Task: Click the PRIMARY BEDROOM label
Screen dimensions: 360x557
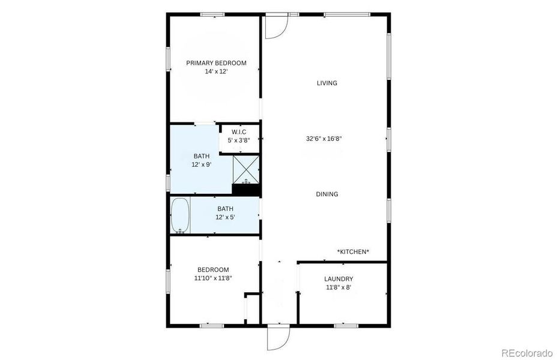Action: [x=216, y=63]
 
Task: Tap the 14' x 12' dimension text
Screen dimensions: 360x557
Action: [x=216, y=71]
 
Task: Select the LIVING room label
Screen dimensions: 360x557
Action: [x=327, y=83]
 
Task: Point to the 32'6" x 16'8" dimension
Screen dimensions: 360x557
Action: [x=324, y=139]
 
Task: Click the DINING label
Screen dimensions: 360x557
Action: [x=327, y=194]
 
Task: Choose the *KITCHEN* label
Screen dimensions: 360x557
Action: [x=353, y=251]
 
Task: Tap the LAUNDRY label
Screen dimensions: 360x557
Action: [x=339, y=278]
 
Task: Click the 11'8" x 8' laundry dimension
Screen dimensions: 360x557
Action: [x=339, y=287]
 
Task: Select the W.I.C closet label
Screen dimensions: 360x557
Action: [x=239, y=132]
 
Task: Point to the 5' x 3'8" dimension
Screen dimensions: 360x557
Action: [x=239, y=140]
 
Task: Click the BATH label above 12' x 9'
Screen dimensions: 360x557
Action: [x=202, y=156]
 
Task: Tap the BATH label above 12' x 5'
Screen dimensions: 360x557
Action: [x=226, y=209]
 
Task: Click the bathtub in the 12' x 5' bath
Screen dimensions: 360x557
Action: [x=180, y=215]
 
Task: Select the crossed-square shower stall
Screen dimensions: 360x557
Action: [x=245, y=169]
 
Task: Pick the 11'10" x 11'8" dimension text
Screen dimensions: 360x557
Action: [x=212, y=278]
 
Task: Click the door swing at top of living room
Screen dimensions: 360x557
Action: [x=277, y=26]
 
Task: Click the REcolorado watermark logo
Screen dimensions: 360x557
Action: [x=527, y=352]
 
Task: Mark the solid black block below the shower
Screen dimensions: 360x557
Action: [x=245, y=190]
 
